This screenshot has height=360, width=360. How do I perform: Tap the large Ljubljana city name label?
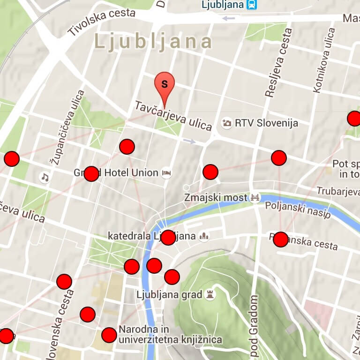[154, 42]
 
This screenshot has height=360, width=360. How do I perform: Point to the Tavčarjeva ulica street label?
[173, 116]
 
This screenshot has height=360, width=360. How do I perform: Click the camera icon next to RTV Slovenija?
[227, 123]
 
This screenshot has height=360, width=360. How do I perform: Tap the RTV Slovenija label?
[266, 123]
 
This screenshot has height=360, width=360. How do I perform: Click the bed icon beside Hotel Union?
[166, 173]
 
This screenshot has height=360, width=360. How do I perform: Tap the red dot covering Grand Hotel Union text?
[91, 173]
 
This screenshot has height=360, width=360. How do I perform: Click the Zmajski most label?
[216, 197]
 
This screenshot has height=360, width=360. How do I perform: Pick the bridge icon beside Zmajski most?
[255, 197]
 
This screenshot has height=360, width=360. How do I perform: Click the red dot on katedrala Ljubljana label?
[168, 237]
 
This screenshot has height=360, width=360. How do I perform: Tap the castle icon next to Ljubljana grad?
[210, 295]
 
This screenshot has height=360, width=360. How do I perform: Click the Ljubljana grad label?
[169, 295]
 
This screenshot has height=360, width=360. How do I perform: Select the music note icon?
[45, 177]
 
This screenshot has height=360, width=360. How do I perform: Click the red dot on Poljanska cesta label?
[280, 240]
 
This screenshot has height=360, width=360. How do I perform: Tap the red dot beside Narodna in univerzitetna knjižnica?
[109, 335]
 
